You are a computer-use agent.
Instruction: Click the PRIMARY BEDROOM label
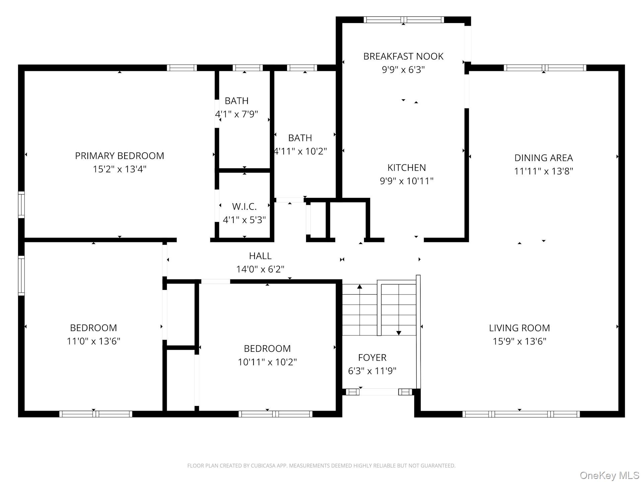tap(119, 156)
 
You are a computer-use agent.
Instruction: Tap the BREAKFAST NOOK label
tap(403, 56)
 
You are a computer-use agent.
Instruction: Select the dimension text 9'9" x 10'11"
tap(406, 181)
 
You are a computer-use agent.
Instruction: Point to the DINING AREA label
tap(543, 158)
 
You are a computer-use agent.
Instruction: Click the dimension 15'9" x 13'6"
tap(519, 341)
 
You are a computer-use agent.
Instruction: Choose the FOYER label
tap(372, 357)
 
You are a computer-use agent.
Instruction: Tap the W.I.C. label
tap(244, 207)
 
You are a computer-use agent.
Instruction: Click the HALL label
tap(260, 256)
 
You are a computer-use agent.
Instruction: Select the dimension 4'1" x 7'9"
tap(236, 114)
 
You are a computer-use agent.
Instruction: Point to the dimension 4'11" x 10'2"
tap(300, 151)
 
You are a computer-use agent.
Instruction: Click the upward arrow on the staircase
tap(360, 287)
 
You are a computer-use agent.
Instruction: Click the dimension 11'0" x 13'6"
tap(93, 341)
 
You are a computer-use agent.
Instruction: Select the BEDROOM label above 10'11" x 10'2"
tap(267, 348)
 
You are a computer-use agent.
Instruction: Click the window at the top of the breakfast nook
tap(404, 20)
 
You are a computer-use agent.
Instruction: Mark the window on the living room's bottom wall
tap(521, 414)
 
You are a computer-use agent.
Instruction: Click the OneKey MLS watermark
tap(609, 475)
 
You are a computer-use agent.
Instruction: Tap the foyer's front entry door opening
tap(379, 392)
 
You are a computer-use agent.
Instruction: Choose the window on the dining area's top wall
tap(545, 68)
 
